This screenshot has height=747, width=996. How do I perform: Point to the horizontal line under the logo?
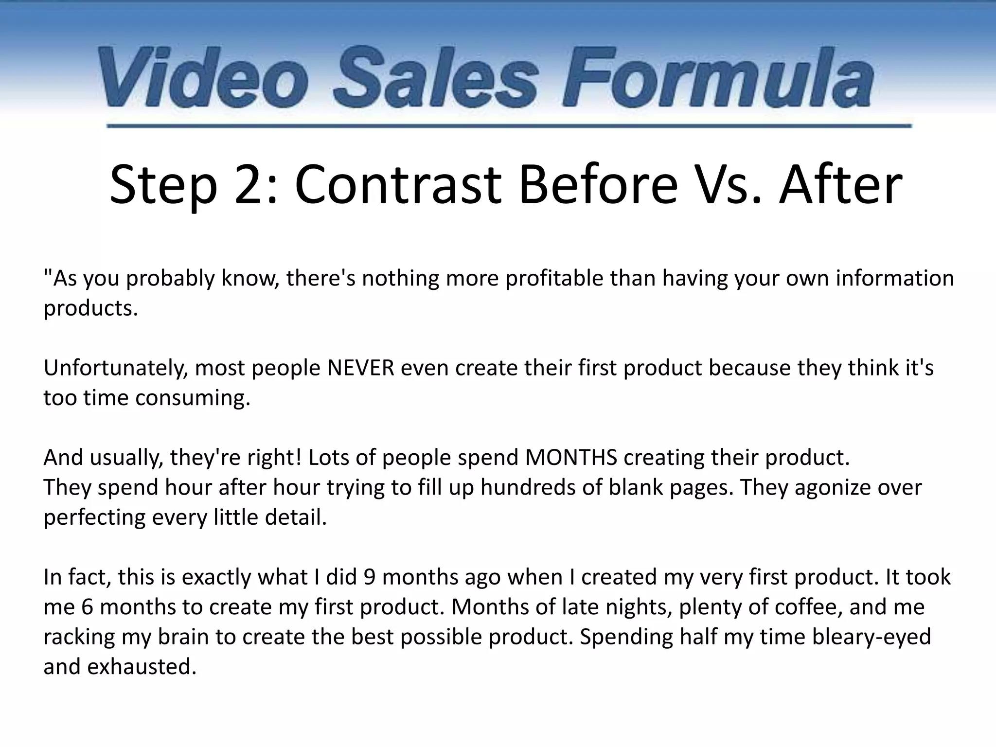point(509,126)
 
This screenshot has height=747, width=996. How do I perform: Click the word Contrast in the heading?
point(398,185)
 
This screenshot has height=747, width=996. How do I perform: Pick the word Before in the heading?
point(598,185)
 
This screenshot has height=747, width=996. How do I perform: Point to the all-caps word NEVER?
point(360,368)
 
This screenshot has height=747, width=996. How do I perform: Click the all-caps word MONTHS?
point(571,458)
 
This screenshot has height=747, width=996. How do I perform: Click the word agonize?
point(833,488)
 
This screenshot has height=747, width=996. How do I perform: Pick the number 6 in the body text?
point(87,607)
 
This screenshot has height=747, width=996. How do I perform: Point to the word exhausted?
point(142,667)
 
